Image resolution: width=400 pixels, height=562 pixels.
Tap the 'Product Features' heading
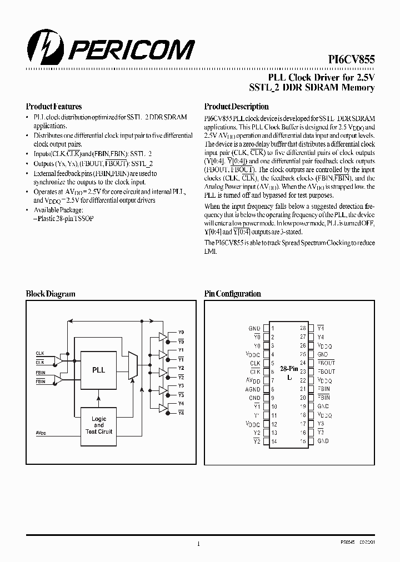(54, 106)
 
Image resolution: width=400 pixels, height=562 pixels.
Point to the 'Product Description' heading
(236, 106)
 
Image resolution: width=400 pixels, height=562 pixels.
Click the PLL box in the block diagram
(98, 369)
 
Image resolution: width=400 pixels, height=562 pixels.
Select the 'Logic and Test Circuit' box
(98, 425)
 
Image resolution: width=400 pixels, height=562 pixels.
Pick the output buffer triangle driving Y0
(163, 336)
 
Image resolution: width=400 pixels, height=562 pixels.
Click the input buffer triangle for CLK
(58, 360)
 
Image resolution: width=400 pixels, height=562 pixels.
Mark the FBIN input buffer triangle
(58, 379)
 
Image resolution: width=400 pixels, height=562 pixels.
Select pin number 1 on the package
(273, 328)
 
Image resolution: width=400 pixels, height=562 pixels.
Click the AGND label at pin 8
(253, 389)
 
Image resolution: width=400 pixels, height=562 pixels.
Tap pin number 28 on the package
(303, 328)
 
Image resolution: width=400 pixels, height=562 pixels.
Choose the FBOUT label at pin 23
(327, 372)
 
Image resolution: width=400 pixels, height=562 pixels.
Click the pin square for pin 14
(266, 441)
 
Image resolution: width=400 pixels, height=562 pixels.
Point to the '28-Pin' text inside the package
(288, 369)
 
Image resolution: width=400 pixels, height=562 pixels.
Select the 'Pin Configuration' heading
(232, 294)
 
